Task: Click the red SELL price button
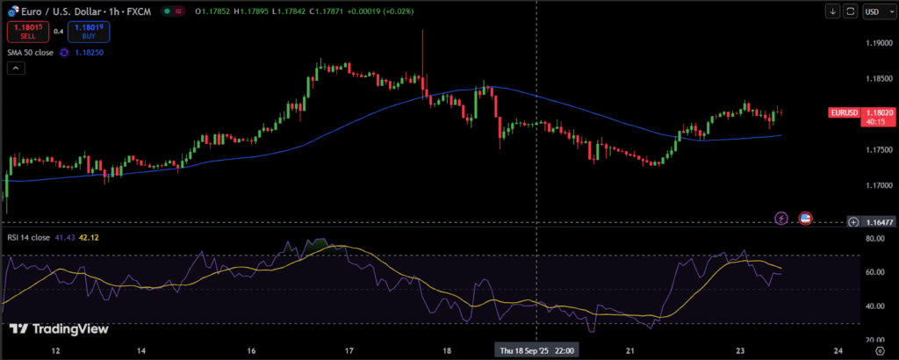pos(28,32)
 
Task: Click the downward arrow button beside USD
pos(832,11)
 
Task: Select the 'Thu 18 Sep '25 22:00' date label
pos(536,350)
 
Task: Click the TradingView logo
pos(59,329)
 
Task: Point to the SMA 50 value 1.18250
pos(93,53)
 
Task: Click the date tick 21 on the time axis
pos(631,350)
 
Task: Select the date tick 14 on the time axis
pos(141,350)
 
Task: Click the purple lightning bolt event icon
pos(781,217)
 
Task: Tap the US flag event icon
pos(805,217)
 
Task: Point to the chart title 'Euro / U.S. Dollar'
pos(57,11)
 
